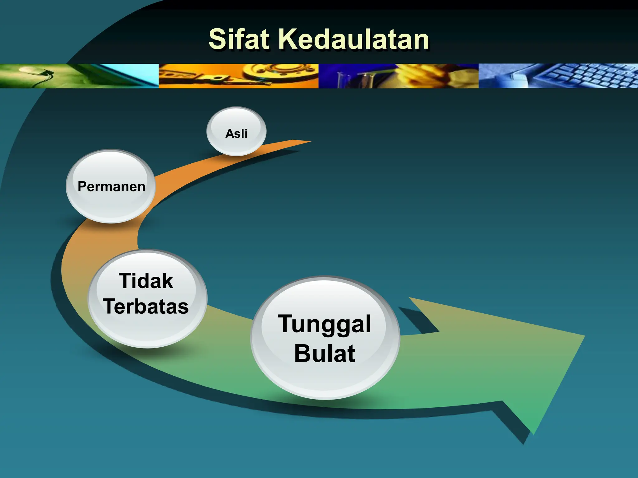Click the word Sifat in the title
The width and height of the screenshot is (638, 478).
[239, 40]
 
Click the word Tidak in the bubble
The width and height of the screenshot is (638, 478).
[146, 281]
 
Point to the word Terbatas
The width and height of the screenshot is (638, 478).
[146, 307]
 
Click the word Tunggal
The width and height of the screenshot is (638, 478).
[324, 324]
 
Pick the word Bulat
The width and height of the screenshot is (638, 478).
[324, 354]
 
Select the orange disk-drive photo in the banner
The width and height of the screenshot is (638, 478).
[239, 76]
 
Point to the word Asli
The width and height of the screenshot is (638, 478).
[236, 134]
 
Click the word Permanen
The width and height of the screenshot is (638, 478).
[111, 187]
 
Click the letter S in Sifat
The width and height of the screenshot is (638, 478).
[217, 40]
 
